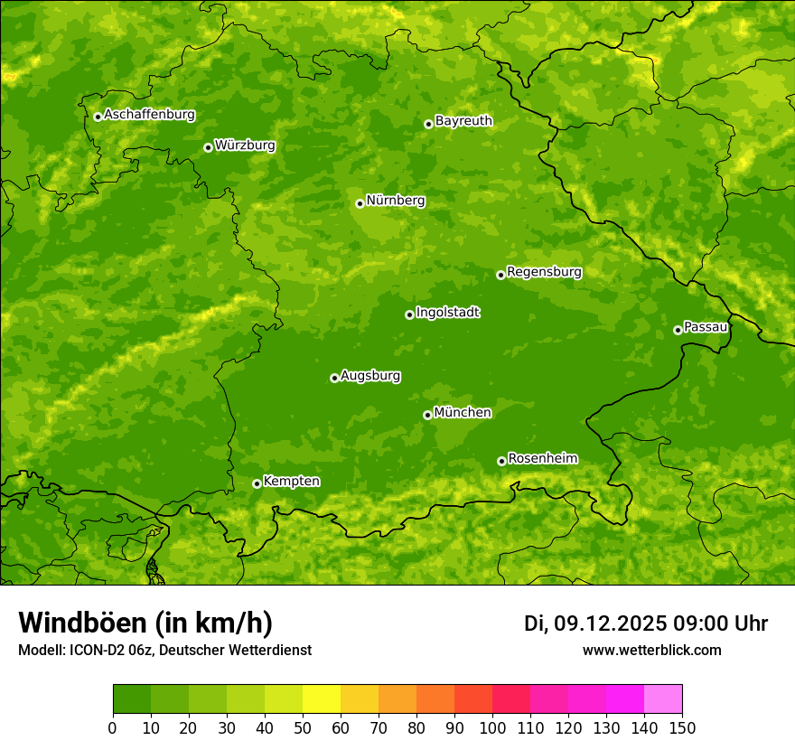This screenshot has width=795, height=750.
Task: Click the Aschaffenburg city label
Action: pyautogui.click(x=149, y=115)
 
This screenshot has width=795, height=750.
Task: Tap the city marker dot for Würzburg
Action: pyautogui.click(x=208, y=147)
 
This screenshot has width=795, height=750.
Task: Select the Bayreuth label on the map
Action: pyautogui.click(x=463, y=121)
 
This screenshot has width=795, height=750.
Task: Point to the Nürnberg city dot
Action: pyautogui.click(x=360, y=203)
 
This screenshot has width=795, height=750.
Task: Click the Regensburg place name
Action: pyautogui.click(x=544, y=272)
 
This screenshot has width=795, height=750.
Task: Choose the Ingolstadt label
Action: pyautogui.click(x=447, y=313)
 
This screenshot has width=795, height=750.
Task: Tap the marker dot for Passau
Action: pyautogui.click(x=678, y=330)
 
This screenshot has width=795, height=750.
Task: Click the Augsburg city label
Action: pyautogui.click(x=370, y=376)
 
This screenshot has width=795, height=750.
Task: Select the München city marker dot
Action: pyautogui.click(x=427, y=415)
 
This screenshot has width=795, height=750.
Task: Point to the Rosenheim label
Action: pyautogui.click(x=542, y=459)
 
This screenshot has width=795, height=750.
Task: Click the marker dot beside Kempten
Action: pyautogui.click(x=257, y=483)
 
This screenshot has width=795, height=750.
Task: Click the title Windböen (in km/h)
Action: pyautogui.click(x=145, y=623)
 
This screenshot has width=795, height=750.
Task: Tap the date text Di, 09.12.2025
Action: pyautogui.click(x=594, y=623)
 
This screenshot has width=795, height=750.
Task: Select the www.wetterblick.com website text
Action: pyautogui.click(x=651, y=650)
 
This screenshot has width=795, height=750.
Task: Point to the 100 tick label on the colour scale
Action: pyautogui.click(x=492, y=728)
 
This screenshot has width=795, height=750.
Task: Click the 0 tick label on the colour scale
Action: pyautogui.click(x=113, y=728)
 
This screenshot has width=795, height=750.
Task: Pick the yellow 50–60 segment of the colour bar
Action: pyautogui.click(x=322, y=699)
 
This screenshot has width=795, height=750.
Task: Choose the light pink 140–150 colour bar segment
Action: pyautogui.click(x=663, y=699)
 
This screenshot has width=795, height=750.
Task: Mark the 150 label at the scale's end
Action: pyautogui.click(x=682, y=728)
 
